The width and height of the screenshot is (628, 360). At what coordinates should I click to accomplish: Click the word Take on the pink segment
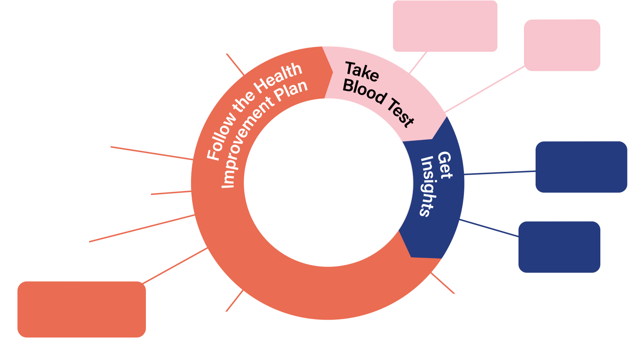click(362, 71)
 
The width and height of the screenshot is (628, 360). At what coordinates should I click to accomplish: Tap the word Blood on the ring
click(364, 91)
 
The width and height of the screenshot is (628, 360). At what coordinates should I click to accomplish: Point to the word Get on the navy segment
click(445, 166)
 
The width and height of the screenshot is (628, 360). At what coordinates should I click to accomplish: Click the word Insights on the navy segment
click(428, 186)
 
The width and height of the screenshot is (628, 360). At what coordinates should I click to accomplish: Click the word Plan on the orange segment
click(291, 91)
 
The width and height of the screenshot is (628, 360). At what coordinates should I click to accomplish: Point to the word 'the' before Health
click(243, 102)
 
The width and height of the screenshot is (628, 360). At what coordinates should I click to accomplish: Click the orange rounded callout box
click(82, 309)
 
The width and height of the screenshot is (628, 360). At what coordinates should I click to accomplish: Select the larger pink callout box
click(445, 26)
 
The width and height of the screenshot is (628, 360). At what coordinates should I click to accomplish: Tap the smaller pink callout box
click(562, 45)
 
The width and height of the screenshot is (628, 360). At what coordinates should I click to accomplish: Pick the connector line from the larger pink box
click(418, 63)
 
